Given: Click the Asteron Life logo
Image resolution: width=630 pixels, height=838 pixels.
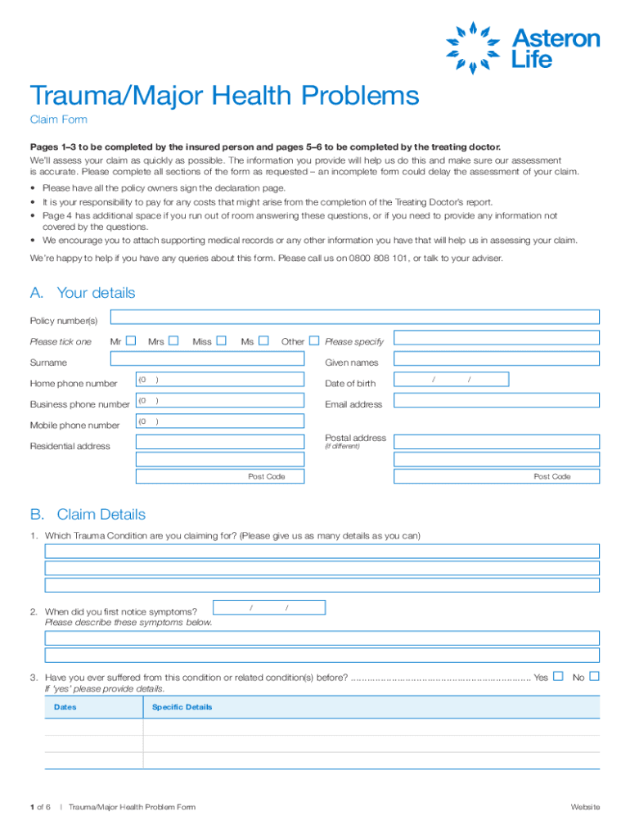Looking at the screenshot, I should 521,47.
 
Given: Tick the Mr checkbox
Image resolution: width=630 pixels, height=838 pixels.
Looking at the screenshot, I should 130,340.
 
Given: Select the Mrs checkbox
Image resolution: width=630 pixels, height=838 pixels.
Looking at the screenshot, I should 173,340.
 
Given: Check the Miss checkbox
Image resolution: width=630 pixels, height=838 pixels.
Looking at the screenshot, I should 221,340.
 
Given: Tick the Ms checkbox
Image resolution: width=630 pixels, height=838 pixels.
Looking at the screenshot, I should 263,340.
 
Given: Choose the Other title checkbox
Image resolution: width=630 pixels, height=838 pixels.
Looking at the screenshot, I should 314,340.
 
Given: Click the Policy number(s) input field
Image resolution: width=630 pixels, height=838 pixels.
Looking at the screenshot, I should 354,318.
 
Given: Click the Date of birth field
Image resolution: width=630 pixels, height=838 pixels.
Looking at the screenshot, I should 451,380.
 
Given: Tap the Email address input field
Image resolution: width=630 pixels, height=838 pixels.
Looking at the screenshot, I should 497,401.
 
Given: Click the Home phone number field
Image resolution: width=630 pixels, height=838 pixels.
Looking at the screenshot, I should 219,380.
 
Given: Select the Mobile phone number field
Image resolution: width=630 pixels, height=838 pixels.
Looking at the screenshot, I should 219,422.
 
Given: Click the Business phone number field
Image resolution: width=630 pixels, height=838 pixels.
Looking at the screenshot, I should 219,401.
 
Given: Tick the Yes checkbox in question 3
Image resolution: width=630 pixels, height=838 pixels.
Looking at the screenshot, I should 558,676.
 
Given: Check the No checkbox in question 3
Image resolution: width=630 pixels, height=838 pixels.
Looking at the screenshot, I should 595,676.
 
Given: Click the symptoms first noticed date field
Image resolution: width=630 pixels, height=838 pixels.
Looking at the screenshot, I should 268,607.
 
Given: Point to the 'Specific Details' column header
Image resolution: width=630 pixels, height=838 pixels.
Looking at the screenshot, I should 182,707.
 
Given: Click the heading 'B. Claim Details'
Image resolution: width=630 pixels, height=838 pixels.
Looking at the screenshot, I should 88,515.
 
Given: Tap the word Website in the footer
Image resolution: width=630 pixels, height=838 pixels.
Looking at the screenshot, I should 585,808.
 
